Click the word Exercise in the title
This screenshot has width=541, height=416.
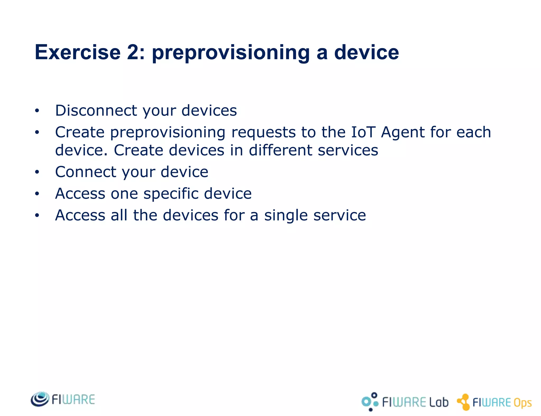point(78,52)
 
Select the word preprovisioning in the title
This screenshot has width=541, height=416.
point(230,53)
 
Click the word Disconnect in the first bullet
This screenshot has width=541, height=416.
point(96,110)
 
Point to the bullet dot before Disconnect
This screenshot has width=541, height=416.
point(37,111)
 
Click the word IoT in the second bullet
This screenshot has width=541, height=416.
point(363,132)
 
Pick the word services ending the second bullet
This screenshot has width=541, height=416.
point(348,150)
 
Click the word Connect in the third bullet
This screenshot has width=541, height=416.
point(86,172)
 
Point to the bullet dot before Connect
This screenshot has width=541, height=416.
point(37,172)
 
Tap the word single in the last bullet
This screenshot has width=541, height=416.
point(286,216)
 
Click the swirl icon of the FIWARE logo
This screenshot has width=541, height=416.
point(40,399)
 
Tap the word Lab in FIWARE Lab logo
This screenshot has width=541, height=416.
point(439,402)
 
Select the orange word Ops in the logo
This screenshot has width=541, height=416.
point(522,403)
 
